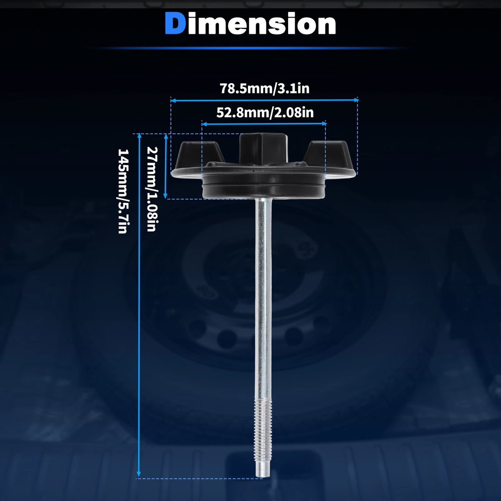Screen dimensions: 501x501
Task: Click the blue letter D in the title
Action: point(175,24)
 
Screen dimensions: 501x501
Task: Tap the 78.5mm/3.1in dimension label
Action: point(265,88)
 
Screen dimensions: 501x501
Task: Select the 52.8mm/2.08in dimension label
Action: point(265,113)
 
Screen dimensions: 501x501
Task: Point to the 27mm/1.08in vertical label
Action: point(152,189)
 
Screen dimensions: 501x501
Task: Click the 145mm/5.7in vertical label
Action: point(123,191)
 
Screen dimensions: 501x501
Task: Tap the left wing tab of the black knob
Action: point(200,155)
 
